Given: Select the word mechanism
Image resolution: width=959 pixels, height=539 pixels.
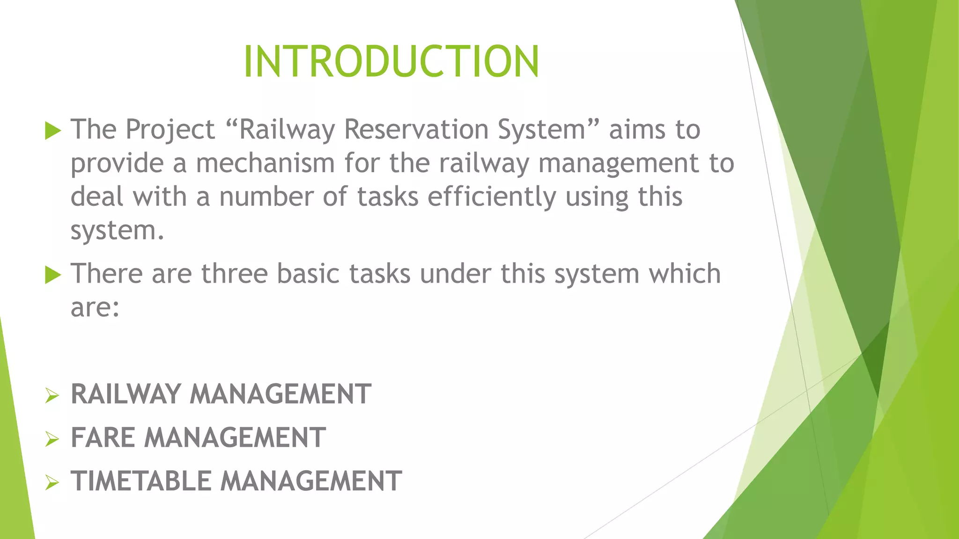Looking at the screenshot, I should [x=265, y=163].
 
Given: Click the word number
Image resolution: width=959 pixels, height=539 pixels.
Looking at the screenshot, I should [x=266, y=197].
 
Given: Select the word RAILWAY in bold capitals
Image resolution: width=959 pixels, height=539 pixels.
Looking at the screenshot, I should [x=125, y=394].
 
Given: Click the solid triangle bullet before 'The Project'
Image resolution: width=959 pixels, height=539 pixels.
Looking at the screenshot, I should [x=53, y=131].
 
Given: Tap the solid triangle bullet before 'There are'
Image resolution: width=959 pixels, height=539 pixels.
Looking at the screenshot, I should [x=53, y=275].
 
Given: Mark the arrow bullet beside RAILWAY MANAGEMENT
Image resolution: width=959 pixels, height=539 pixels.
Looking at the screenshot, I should [x=52, y=396].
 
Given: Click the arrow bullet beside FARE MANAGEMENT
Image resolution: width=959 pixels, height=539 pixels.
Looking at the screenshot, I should [x=52, y=439].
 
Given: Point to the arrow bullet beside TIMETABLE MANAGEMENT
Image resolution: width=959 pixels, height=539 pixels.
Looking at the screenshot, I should [x=52, y=482].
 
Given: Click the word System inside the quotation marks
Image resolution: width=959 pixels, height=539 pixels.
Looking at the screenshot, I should [x=541, y=130].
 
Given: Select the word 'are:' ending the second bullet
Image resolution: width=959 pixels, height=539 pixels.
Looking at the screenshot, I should [x=95, y=308].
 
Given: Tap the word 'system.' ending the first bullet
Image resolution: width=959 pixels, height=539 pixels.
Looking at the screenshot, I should [x=118, y=231].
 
